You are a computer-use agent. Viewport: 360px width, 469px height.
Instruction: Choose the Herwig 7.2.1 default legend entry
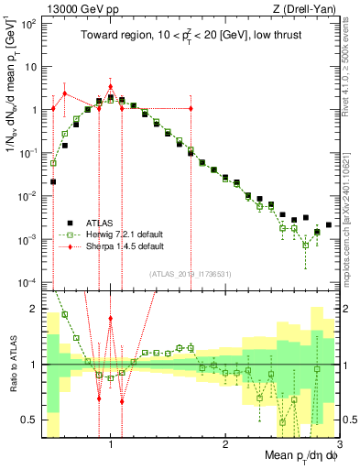[x=121, y=234]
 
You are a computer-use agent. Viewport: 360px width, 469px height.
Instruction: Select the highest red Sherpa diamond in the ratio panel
[x=111, y=319]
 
